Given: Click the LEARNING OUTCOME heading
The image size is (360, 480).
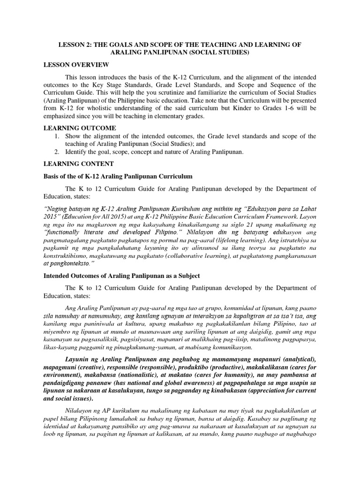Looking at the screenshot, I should [80, 128].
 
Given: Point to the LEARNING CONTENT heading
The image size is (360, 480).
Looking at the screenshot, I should [78, 164].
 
